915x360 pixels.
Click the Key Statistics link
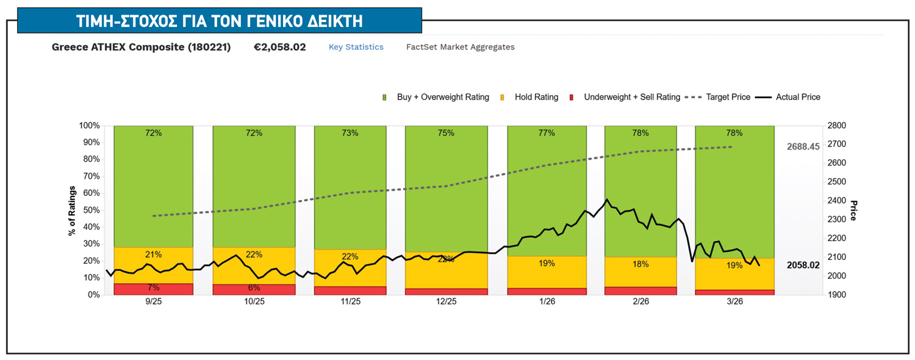click(x=356, y=47)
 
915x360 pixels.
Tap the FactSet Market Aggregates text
click(x=460, y=47)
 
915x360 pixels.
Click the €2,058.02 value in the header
click(x=280, y=47)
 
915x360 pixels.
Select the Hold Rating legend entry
click(x=536, y=97)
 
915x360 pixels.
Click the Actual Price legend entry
click(x=797, y=97)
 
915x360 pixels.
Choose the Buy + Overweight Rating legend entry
click(x=442, y=97)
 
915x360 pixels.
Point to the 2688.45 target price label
click(x=804, y=147)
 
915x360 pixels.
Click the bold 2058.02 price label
click(x=804, y=265)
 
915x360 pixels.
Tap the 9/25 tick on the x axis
click(x=154, y=302)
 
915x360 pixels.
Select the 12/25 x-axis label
click(x=446, y=302)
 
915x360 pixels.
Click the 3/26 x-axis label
click(x=734, y=302)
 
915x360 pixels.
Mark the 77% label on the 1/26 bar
click(x=547, y=133)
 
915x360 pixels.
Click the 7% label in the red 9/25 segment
click(x=154, y=287)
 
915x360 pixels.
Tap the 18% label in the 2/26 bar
click(x=640, y=264)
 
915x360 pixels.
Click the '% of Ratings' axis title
click(x=72, y=210)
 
